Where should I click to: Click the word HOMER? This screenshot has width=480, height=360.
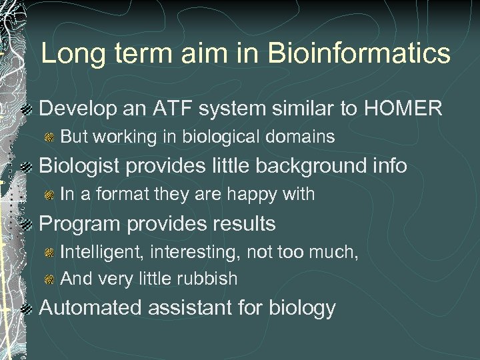pos(402,108)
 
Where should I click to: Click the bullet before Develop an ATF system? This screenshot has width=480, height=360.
pos(26,109)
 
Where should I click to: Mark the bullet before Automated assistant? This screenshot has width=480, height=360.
pos(26,308)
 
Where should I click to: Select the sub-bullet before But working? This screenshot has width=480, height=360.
pos(49,137)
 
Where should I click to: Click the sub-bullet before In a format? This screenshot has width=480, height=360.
pos(49,195)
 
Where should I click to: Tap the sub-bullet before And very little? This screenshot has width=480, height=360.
pos(49,279)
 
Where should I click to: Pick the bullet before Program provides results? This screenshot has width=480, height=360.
pos(26,224)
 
